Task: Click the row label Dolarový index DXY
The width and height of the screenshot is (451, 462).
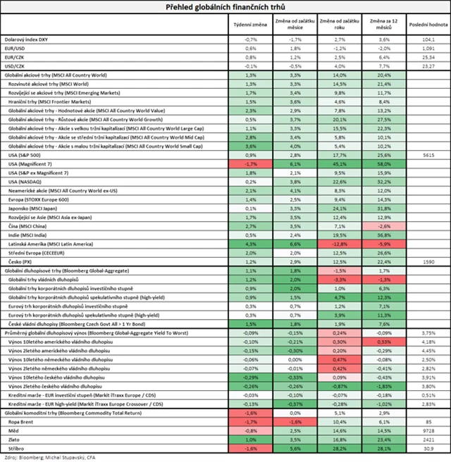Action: pyautogui.click(x=29, y=40)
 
